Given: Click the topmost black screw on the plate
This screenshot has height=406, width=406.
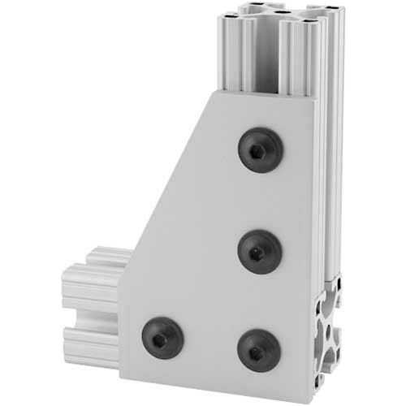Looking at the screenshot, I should pos(260,150).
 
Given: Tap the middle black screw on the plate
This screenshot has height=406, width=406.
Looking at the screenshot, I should pos(260,251).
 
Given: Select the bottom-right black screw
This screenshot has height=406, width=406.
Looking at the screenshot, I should pos(259,350).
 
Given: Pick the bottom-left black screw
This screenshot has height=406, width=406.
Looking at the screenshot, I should pos(162,337).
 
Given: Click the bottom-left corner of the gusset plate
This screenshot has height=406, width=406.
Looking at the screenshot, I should pos(122,378).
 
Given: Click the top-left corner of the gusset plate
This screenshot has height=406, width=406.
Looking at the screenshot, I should pos(212,91).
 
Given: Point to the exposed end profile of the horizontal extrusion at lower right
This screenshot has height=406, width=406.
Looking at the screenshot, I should pos(333,341).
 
